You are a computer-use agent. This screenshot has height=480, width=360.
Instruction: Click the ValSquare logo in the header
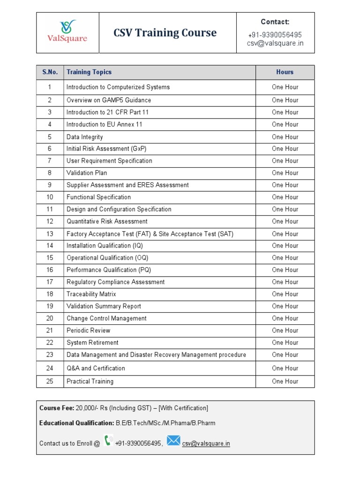coord(68,32)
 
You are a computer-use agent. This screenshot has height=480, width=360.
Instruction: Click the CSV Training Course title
coord(165,33)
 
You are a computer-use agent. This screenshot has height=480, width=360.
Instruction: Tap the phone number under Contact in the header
coord(275,35)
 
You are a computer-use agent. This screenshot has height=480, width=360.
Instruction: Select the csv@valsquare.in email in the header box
coord(275,43)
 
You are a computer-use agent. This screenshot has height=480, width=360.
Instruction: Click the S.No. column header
coord(50,72)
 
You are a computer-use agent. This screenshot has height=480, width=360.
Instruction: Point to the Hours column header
coord(285,72)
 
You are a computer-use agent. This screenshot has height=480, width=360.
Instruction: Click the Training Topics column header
coord(89,72)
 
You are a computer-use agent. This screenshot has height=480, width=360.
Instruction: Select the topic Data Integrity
coord(84,137)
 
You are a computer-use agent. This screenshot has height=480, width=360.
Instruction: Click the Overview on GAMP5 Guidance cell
coord(109,100)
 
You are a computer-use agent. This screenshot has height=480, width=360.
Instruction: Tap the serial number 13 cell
coord(50,233)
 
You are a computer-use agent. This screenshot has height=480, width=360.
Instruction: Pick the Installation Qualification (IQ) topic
coord(105,246)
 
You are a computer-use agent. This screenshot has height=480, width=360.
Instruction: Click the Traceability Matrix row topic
coord(91,294)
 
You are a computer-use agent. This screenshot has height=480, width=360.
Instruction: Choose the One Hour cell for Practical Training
coord(285,381)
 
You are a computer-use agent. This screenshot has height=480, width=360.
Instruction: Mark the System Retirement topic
coord(92,343)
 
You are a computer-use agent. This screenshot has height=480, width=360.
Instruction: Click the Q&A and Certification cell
coord(96,368)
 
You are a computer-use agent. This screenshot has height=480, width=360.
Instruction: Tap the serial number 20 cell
coord(50,318)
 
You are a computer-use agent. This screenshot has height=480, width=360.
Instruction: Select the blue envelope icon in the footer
coord(173,441)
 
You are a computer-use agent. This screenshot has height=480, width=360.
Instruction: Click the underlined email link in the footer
coord(206,443)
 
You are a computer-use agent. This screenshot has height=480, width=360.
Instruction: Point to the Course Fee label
coord(56,408)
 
